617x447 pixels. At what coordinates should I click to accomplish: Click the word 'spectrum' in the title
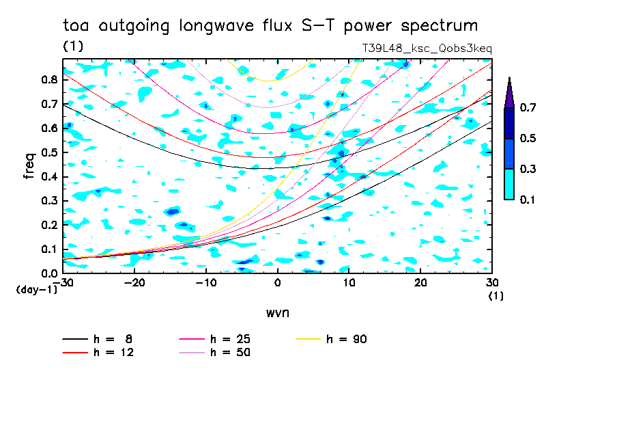(x=439, y=26)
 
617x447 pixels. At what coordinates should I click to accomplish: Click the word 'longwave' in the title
(x=216, y=26)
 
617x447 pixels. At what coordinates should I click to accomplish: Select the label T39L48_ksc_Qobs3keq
(x=427, y=49)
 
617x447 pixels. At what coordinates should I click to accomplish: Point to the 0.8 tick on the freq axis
(x=50, y=79)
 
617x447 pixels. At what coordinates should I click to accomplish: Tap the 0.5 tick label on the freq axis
(x=50, y=152)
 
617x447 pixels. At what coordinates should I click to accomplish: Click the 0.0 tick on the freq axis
(x=50, y=273)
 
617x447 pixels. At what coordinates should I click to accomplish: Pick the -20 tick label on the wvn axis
(x=134, y=283)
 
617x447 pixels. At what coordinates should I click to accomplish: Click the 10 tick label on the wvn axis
(x=349, y=283)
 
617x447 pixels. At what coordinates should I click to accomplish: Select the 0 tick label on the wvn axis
(x=277, y=283)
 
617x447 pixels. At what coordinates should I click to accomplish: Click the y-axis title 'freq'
(x=29, y=166)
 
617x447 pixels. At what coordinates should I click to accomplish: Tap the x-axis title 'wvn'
(x=278, y=313)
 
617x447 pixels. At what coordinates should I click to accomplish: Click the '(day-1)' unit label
(x=37, y=290)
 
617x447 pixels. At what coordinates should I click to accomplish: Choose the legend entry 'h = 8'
(x=98, y=339)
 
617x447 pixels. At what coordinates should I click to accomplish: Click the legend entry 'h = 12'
(x=98, y=352)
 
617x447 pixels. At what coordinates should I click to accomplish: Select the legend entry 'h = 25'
(x=215, y=339)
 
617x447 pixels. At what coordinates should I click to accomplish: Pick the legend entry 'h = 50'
(x=215, y=352)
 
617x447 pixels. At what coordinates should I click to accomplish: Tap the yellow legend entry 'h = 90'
(x=331, y=339)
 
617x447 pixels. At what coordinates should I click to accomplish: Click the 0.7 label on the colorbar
(x=528, y=107)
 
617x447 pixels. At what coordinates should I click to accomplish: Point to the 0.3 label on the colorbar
(x=528, y=169)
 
